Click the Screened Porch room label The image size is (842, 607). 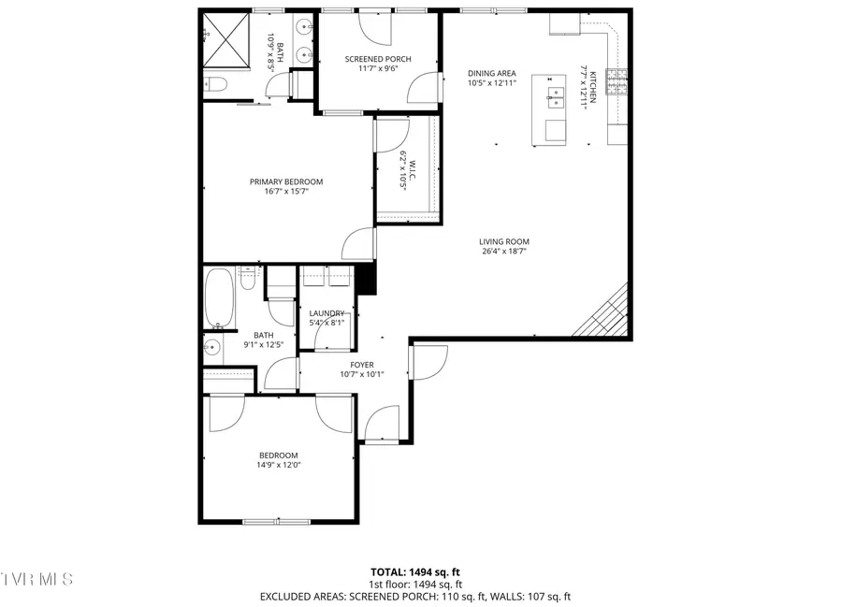pyautogui.click(x=378, y=59)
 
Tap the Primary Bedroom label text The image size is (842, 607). pyautogui.click(x=285, y=181)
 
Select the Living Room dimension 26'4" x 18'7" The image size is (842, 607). pyautogui.click(x=504, y=251)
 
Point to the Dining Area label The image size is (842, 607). pyautogui.click(x=492, y=73)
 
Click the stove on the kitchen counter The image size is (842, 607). pyautogui.click(x=616, y=83)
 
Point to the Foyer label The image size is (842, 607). pyautogui.click(x=362, y=366)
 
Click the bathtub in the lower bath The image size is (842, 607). pyautogui.click(x=220, y=298)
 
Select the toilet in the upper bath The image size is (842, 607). pyautogui.click(x=214, y=85)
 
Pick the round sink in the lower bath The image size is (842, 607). pyautogui.click(x=211, y=349)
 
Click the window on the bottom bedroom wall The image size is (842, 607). pyautogui.click(x=278, y=522)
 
